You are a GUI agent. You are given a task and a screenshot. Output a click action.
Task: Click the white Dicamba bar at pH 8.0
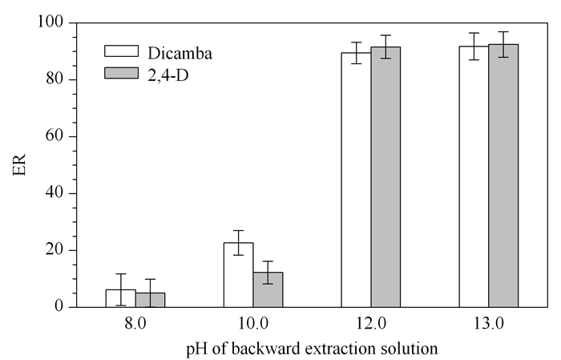point(120,298)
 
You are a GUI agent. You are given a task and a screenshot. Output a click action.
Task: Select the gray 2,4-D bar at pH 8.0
point(151,300)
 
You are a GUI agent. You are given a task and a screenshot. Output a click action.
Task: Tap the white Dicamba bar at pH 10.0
point(239,275)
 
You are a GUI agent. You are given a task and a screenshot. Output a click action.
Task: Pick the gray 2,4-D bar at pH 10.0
point(268,290)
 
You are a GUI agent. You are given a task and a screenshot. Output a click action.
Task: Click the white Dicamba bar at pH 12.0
point(357,180)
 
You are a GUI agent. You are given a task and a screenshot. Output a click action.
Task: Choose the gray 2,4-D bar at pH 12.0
point(385,177)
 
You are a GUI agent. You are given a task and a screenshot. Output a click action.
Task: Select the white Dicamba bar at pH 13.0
point(474,176)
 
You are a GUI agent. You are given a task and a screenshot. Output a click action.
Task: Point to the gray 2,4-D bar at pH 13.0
point(503,176)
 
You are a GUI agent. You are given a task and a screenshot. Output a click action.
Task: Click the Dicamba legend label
point(180,54)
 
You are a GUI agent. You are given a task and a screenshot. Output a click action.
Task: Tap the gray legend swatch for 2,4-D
point(121,73)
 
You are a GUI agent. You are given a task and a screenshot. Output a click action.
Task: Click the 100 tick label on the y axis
point(50,22)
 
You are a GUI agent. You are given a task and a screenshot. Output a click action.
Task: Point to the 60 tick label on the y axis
point(54,136)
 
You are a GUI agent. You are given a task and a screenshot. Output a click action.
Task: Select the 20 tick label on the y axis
point(54,250)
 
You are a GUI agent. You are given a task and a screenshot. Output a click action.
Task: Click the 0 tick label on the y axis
point(59,306)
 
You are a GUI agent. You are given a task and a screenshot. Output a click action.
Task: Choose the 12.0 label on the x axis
point(371,324)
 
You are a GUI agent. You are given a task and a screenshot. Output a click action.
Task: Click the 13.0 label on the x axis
point(489,324)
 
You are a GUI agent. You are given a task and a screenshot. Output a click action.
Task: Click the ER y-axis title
point(19,165)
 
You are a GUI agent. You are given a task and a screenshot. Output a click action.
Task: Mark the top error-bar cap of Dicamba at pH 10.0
point(239,230)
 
